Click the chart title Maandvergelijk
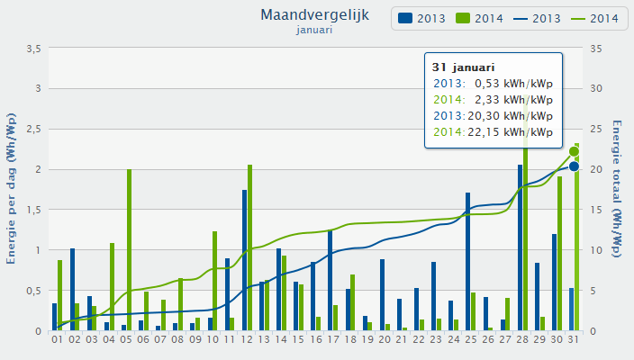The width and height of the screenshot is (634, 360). click(314, 14)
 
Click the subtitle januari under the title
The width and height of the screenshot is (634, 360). click(314, 30)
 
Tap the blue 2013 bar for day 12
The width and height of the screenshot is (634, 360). click(244, 260)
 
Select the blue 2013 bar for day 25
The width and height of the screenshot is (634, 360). click(467, 262)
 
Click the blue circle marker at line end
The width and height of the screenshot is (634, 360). click(574, 166)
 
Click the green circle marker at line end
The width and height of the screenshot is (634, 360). click(574, 151)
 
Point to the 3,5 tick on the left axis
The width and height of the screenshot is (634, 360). click(32, 49)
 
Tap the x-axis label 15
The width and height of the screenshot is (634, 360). click(298, 340)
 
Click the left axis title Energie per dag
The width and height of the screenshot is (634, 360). click(12, 188)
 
